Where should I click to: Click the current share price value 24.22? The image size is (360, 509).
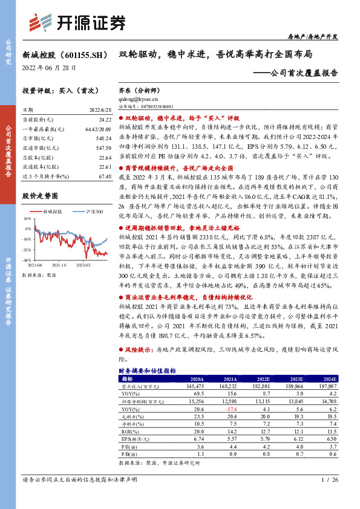(x=104, y=121)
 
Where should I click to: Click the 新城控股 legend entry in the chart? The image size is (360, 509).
(x=53, y=212)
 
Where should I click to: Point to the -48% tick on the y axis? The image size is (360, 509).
(x=27, y=260)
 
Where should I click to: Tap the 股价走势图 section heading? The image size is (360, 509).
(x=40, y=196)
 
